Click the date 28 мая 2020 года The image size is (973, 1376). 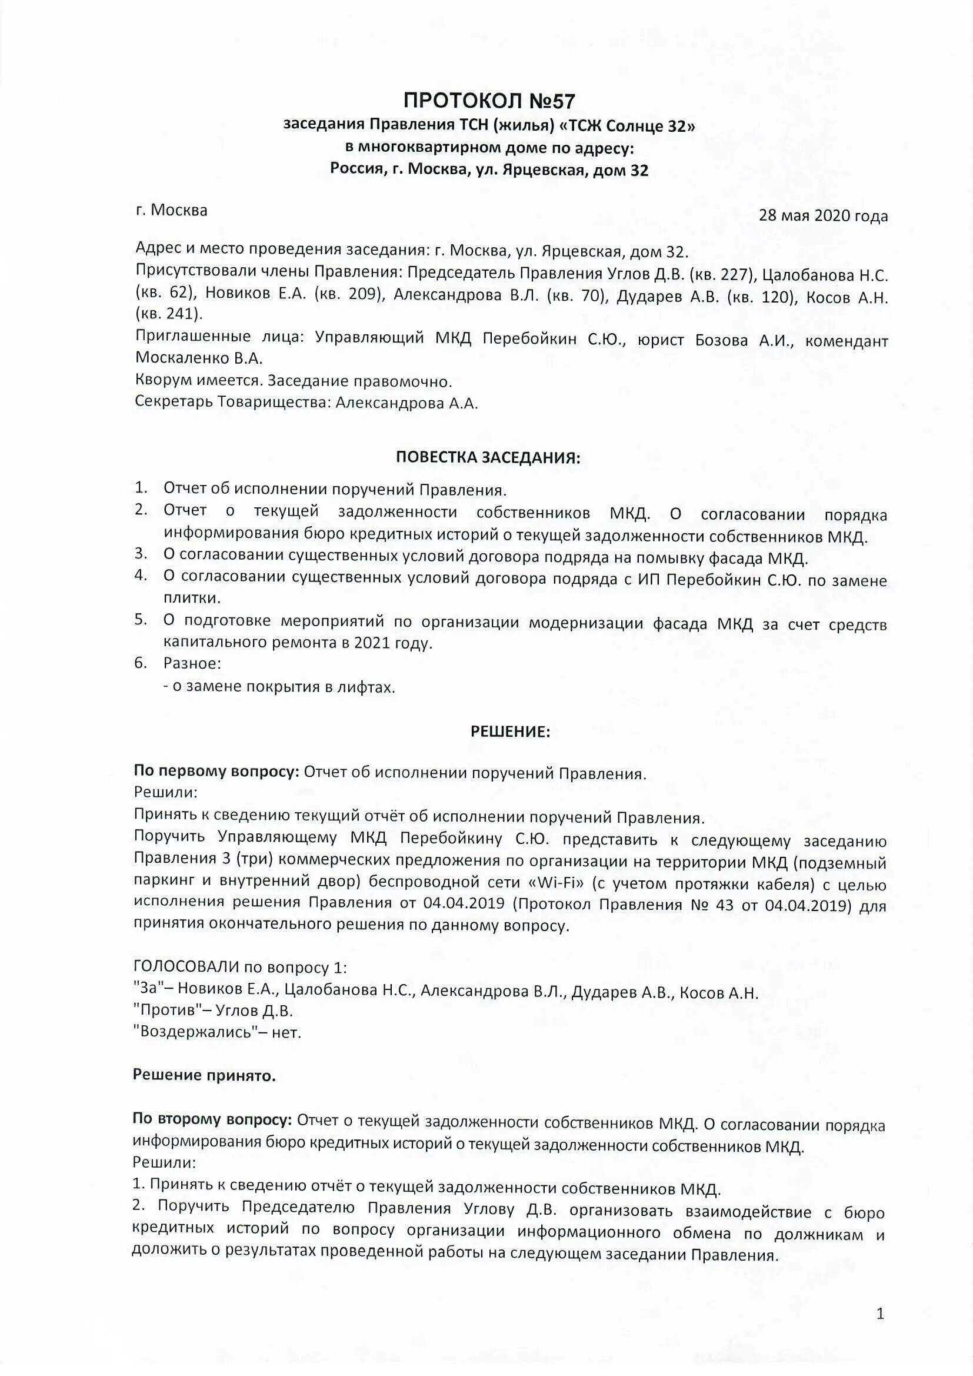822,216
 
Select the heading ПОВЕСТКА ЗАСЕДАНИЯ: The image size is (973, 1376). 488,458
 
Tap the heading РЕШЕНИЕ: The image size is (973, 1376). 510,732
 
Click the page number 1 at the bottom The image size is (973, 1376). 880,1314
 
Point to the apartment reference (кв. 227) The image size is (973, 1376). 721,275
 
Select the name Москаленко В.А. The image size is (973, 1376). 199,358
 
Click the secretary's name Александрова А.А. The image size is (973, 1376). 407,403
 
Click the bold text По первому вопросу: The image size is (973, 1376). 216,773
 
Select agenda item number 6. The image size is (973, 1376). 140,663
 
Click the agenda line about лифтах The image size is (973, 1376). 279,687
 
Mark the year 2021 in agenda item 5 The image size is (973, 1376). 372,643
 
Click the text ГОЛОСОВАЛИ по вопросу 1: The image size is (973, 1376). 240,968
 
